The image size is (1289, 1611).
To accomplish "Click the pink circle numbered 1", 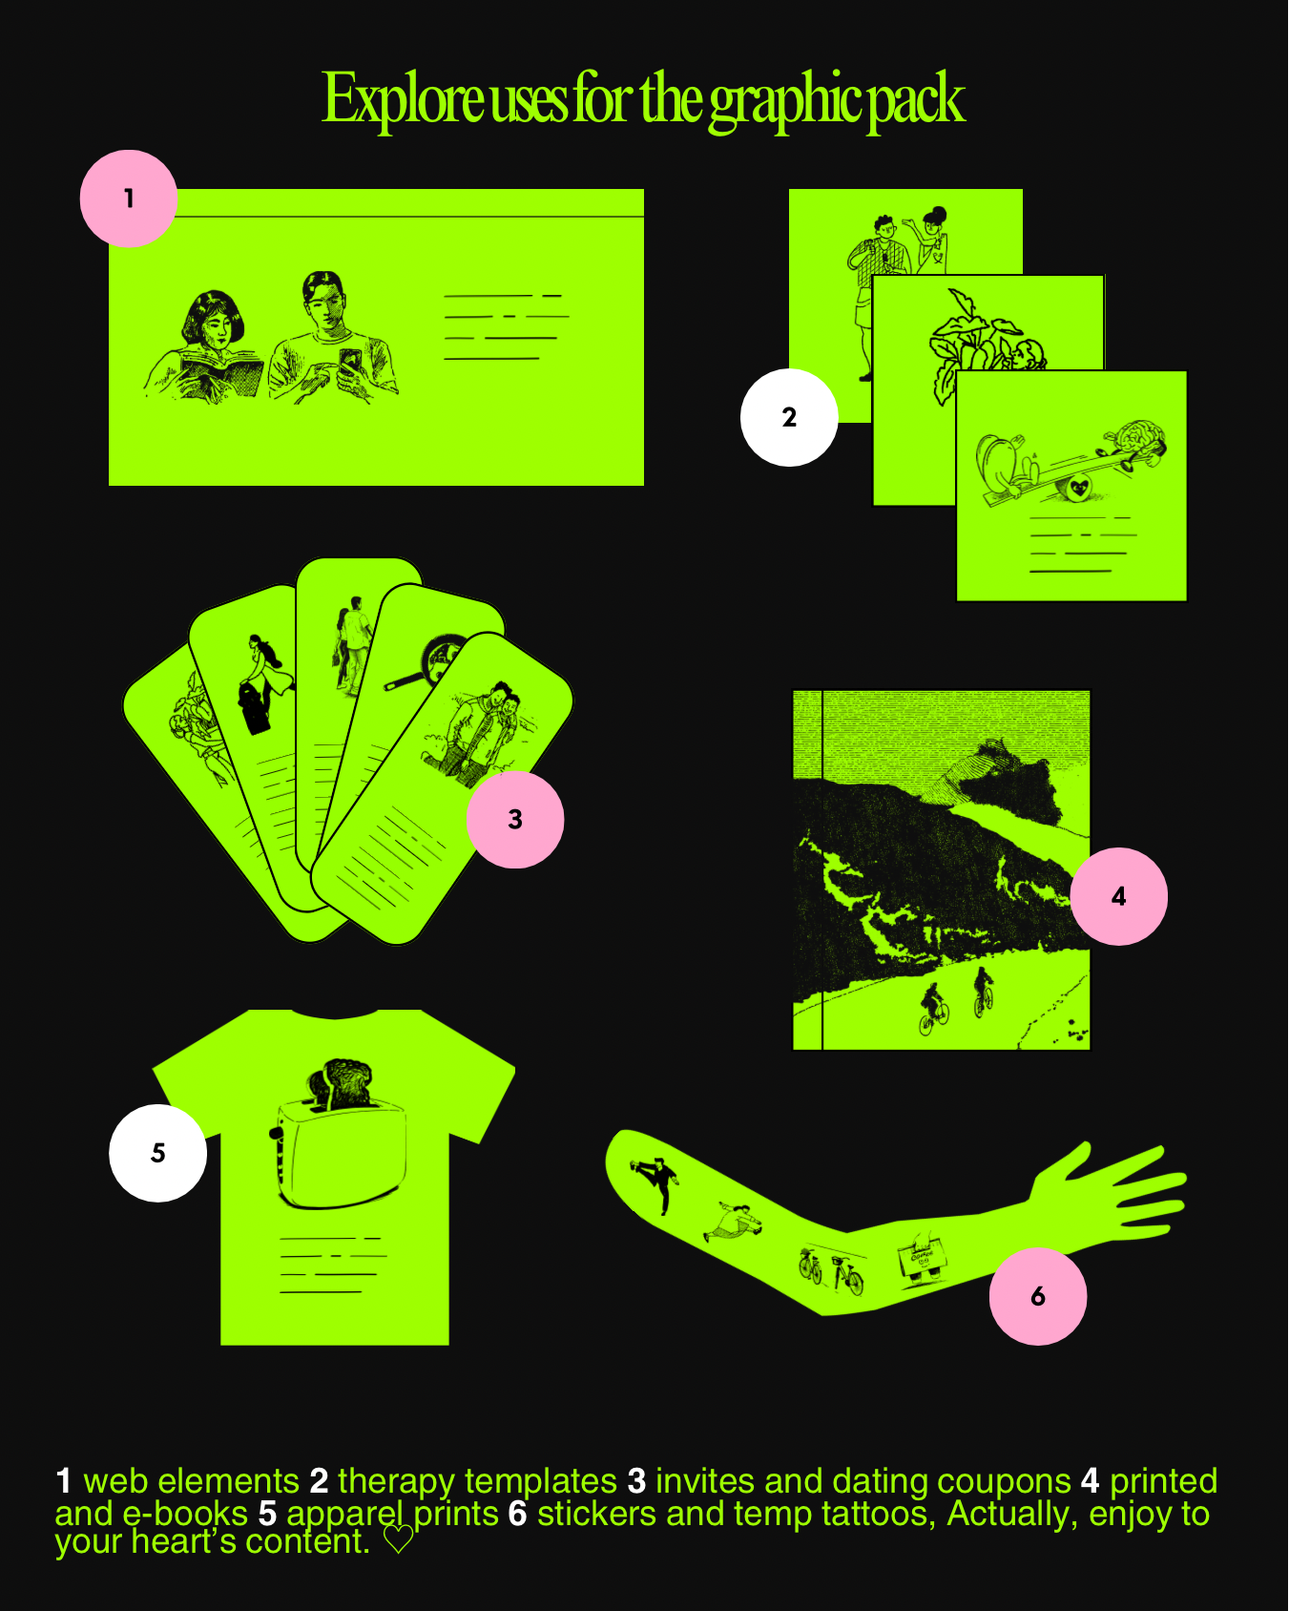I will [x=129, y=199].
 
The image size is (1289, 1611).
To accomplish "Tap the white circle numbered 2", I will [x=789, y=417].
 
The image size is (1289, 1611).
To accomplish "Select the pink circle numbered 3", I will [x=515, y=819].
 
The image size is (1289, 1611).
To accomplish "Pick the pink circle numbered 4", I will [x=1118, y=896].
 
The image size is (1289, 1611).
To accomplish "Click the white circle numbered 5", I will [x=158, y=1153].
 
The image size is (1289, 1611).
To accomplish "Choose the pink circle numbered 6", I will [x=1038, y=1296].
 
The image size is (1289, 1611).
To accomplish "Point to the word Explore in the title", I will [x=404, y=100].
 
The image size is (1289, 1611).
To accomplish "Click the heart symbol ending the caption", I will [x=398, y=1539].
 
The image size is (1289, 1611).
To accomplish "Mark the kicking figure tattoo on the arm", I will [x=656, y=1182].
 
